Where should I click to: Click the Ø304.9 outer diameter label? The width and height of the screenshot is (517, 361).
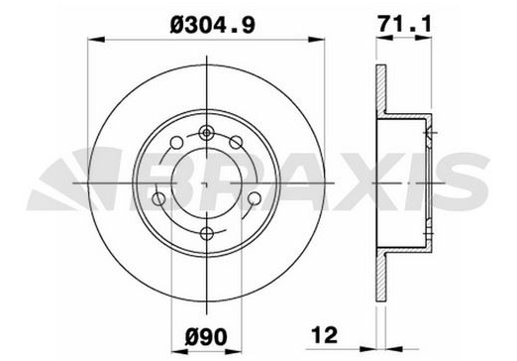pyautogui.click(x=213, y=25)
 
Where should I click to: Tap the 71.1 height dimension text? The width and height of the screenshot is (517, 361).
pyautogui.click(x=405, y=24)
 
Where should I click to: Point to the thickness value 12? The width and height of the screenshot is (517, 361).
pyautogui.click(x=325, y=337)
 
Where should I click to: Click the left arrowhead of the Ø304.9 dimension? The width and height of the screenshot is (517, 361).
pyautogui.click(x=96, y=40)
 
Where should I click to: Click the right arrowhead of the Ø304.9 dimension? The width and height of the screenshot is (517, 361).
pyautogui.click(x=316, y=40)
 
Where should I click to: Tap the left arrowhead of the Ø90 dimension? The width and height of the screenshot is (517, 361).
pyautogui.click(x=180, y=351)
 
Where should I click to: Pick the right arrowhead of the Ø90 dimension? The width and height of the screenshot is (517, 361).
pyautogui.click(x=234, y=351)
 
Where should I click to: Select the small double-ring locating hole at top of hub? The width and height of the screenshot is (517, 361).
pyautogui.click(x=207, y=133)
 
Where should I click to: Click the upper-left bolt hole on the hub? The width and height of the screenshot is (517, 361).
pyautogui.click(x=176, y=143)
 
